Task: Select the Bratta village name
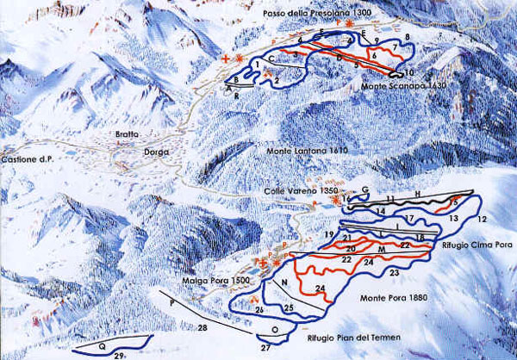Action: pyautogui.click(x=127, y=135)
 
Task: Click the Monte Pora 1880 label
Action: pyautogui.click(x=384, y=298)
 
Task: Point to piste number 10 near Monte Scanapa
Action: pyautogui.click(x=410, y=71)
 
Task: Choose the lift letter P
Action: pyautogui.click(x=172, y=302)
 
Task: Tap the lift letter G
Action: pyautogui.click(x=365, y=189)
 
